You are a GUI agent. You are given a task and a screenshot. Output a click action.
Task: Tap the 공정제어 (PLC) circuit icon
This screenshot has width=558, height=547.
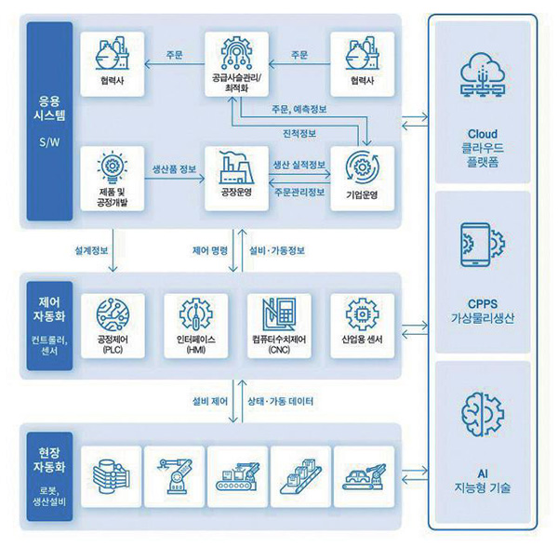click(x=112, y=314)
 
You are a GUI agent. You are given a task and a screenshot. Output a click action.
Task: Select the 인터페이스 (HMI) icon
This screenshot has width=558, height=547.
click(x=194, y=314)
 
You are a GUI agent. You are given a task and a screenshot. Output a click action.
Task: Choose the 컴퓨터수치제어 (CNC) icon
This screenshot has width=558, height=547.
click(x=278, y=314)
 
